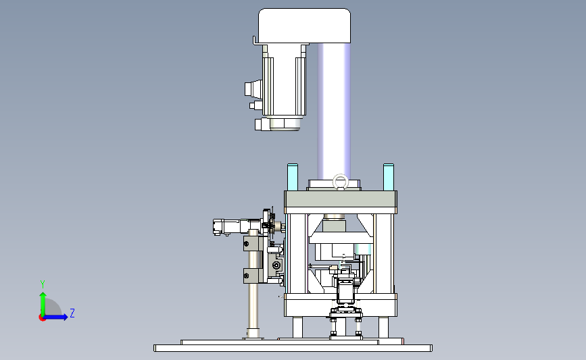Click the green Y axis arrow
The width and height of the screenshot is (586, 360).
click(43, 305)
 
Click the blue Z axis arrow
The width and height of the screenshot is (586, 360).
click(55, 317)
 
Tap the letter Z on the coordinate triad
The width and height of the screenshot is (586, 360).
click(72, 313)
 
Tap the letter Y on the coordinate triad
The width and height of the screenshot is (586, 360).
click(43, 284)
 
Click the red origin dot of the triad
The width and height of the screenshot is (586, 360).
click(42, 318)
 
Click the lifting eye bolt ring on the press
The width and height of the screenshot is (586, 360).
click(340, 182)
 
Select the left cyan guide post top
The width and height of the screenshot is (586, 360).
click(293, 177)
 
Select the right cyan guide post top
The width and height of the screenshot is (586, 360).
click(389, 177)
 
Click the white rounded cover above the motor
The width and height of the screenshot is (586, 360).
click(305, 26)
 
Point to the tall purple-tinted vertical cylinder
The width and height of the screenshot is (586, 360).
click(334, 111)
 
